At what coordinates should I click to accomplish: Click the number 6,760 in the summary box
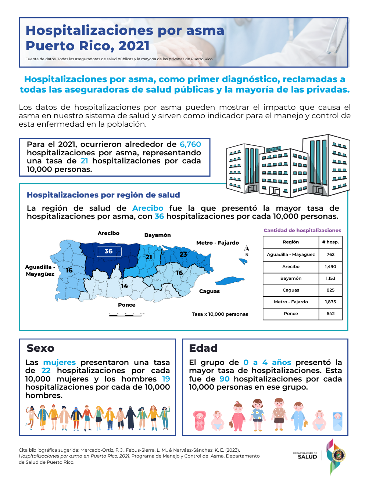[190, 144]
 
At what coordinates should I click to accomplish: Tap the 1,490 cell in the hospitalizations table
[330, 267]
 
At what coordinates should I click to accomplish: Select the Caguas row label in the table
[291, 290]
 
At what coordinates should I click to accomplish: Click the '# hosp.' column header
[330, 242]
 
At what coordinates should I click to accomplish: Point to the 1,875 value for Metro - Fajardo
[330, 302]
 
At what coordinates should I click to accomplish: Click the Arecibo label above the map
[108, 233]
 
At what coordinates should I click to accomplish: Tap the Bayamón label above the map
[157, 235]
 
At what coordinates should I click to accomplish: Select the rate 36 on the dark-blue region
[108, 251]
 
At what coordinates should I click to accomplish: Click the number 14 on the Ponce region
[125, 286]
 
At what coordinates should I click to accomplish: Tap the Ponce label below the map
[127, 305]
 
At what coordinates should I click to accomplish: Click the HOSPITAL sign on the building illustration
[273, 149]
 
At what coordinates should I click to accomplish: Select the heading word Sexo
[40, 348]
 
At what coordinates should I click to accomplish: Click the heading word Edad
[203, 348]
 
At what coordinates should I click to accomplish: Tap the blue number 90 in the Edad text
[225, 379]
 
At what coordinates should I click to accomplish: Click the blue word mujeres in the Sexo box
[60, 362]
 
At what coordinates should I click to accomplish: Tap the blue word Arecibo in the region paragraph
[148, 208]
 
